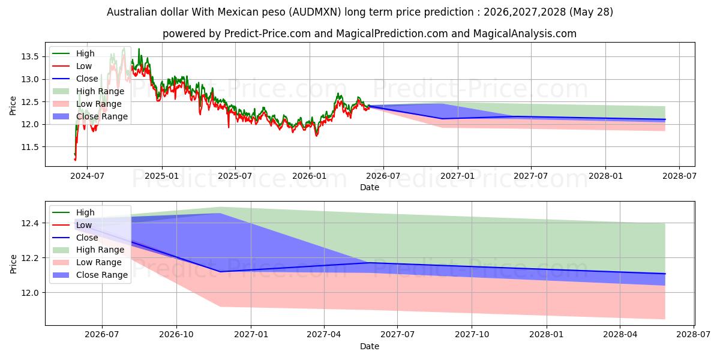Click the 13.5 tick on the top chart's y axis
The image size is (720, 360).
(x=29, y=57)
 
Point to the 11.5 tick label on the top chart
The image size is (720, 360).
(x=29, y=147)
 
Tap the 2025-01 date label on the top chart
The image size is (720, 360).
(x=161, y=176)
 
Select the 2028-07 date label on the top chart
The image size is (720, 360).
(x=679, y=176)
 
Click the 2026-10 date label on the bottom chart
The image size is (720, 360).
(x=176, y=335)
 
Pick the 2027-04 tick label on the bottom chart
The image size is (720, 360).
(x=324, y=335)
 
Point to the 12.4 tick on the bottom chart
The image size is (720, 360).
(x=29, y=223)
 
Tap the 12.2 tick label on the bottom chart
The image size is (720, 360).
(x=29, y=258)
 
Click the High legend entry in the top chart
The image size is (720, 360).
(x=73, y=53)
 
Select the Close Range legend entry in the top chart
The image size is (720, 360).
(x=90, y=116)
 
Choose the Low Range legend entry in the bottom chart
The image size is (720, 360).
(x=87, y=262)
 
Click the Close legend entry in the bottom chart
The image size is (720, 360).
(x=75, y=238)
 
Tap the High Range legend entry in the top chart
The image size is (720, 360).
(x=88, y=91)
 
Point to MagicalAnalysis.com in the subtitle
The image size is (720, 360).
(x=525, y=34)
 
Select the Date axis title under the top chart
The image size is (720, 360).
(x=370, y=187)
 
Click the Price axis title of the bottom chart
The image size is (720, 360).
(x=13, y=264)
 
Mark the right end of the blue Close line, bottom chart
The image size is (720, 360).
(x=665, y=274)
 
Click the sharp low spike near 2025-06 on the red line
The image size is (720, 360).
(x=229, y=127)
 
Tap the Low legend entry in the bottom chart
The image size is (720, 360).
(x=72, y=225)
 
